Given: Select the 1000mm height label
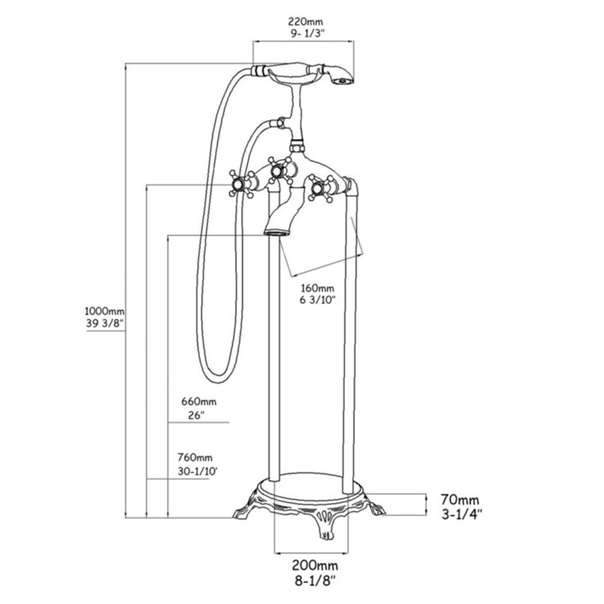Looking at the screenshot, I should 104,311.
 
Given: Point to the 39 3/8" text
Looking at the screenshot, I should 104,324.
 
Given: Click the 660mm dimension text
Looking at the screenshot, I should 199,401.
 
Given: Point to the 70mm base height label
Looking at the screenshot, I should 460,500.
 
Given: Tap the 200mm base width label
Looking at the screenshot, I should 314,566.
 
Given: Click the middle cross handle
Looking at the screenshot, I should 278,170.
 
